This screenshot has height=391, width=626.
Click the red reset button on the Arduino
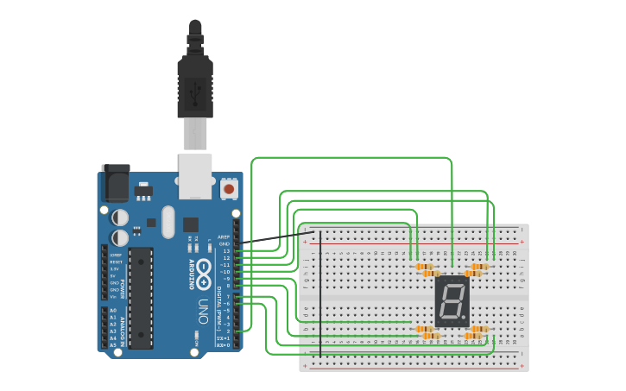pyautogui.click(x=229, y=188)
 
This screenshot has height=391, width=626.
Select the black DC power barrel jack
pyautogui.click(x=115, y=183)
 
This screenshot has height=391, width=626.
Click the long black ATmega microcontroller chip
pyautogui.click(x=141, y=298)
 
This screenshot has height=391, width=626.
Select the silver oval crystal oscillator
pyautogui.click(x=168, y=222)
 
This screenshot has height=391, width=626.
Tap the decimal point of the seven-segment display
pyautogui.click(x=465, y=319)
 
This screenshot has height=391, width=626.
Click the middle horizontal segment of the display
pyautogui.click(x=451, y=301)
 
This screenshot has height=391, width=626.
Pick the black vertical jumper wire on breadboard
pyautogui.click(x=320, y=293)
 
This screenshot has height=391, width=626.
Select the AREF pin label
pyautogui.click(x=224, y=236)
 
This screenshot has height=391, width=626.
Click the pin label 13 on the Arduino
pyautogui.click(x=226, y=250)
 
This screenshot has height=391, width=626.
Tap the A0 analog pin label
pyautogui.click(x=112, y=310)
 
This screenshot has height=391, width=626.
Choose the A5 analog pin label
pyautogui.click(x=112, y=344)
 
